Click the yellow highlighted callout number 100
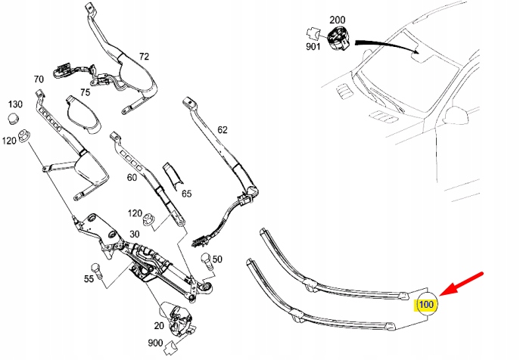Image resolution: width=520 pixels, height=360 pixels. point(426,304)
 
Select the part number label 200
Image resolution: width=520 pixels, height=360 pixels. point(337,19)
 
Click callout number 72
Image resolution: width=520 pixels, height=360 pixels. point(144,57)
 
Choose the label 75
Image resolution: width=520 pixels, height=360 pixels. point(85,92)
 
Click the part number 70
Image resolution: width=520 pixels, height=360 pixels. point(39,79)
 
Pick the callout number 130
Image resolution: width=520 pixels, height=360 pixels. point(15,103)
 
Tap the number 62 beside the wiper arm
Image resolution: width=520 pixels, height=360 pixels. point(222,129)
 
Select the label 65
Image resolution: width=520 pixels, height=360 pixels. point(186,194)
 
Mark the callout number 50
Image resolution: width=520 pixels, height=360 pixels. point(217,259)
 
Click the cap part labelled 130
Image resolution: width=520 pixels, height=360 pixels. point(13,119)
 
